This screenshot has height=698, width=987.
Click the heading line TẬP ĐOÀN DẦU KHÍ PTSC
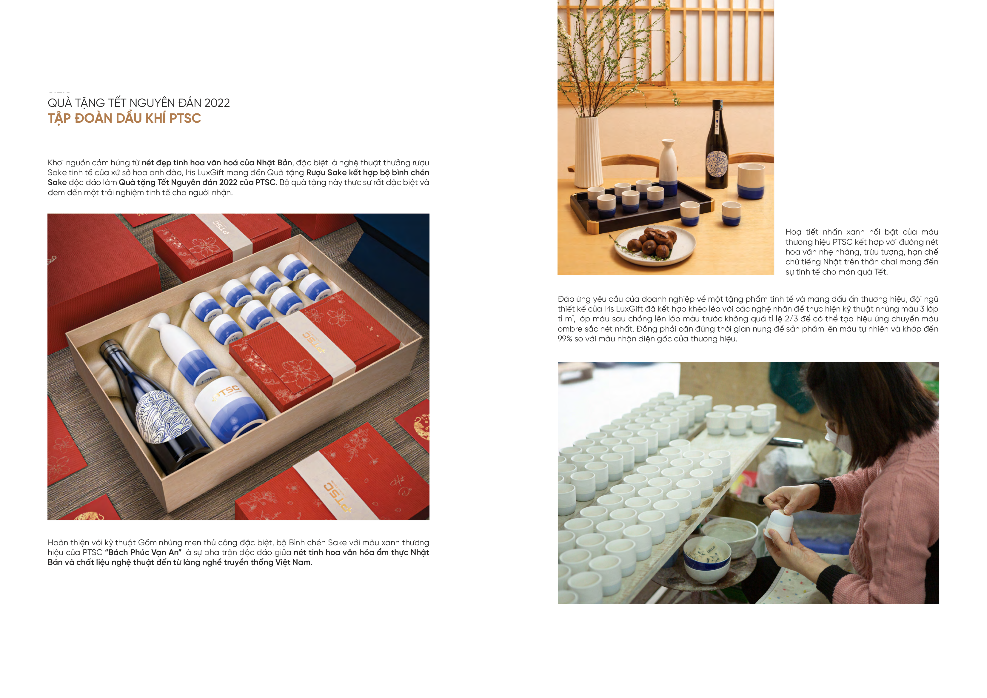tap(124, 118)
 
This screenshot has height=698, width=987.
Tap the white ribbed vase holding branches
tap(589, 151)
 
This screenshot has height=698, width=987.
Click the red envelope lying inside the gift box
tap(314, 350)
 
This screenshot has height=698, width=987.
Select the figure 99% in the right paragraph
tap(565, 339)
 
